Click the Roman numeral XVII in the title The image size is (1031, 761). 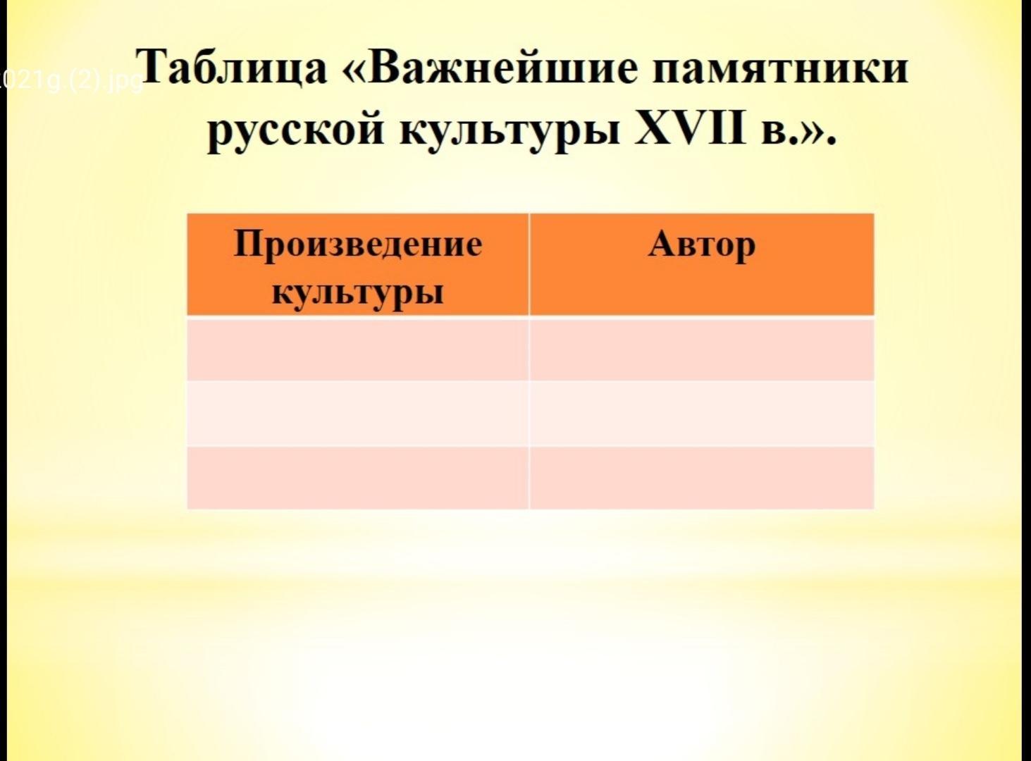pyautogui.click(x=691, y=125)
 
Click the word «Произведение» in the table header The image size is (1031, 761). pyautogui.click(x=358, y=244)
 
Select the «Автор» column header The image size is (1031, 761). pyautogui.click(x=701, y=245)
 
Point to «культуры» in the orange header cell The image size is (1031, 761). pyautogui.click(x=358, y=293)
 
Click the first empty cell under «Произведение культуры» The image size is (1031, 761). pyautogui.click(x=357, y=349)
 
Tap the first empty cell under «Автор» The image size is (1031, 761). pyautogui.click(x=701, y=349)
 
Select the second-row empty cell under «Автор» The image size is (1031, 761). pyautogui.click(x=701, y=414)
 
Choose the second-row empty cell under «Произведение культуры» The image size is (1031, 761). pyautogui.click(x=357, y=414)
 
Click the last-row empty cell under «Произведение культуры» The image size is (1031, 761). pyautogui.click(x=357, y=478)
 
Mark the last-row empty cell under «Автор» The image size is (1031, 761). pyautogui.click(x=701, y=478)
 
